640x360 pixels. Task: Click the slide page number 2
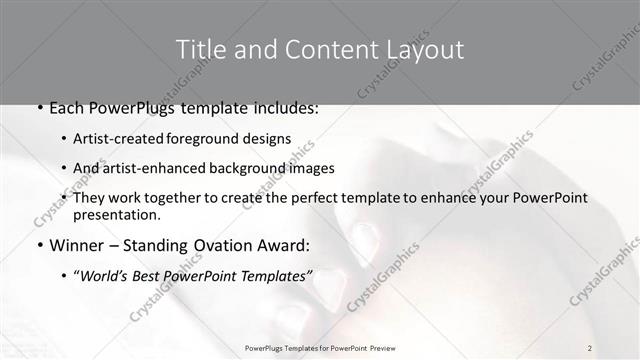[x=590, y=347]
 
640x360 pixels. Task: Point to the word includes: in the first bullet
[x=285, y=108]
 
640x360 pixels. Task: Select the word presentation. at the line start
[x=117, y=214]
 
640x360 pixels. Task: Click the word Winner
[x=77, y=244]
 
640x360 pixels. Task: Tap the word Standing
[x=158, y=244]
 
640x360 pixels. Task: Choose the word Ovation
[x=227, y=244]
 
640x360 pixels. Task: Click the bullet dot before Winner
[x=39, y=245]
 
